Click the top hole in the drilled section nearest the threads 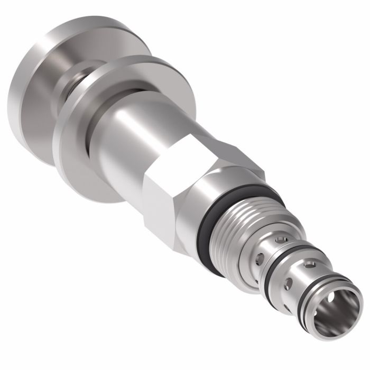coord(285,240)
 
